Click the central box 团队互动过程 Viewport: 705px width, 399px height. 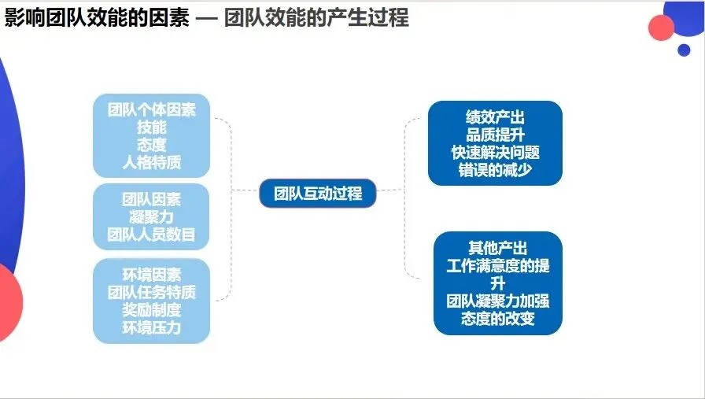pyautogui.click(x=318, y=193)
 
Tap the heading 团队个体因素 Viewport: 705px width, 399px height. pyautogui.click(x=152, y=109)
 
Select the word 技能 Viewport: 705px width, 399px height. pyautogui.click(x=152, y=127)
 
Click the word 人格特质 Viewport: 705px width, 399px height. pyautogui.click(x=152, y=162)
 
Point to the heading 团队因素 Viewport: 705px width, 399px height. pyautogui.click(x=152, y=198)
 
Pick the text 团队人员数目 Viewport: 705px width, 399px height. pyautogui.click(x=152, y=234)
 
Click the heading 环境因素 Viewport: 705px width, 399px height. pyautogui.click(x=152, y=275)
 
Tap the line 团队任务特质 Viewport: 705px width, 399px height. pyautogui.click(x=152, y=292)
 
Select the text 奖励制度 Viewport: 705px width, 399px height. pyautogui.click(x=152, y=309)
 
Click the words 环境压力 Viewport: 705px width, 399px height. pyautogui.click(x=152, y=327)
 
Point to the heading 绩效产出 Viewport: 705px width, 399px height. pyautogui.click(x=495, y=117)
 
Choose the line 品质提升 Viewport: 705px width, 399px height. pyautogui.click(x=495, y=135)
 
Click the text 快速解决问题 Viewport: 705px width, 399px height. pyautogui.click(x=495, y=152)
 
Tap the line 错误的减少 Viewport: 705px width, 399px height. pyautogui.click(x=495, y=169)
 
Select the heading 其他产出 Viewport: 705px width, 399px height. pyautogui.click(x=497, y=248)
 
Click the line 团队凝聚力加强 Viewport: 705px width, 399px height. pyautogui.click(x=497, y=301)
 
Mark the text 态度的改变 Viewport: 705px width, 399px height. pyautogui.click(x=497, y=318)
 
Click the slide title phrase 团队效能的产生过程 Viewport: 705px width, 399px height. pyautogui.click(x=316, y=17)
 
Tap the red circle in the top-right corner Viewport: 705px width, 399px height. pyautogui.click(x=662, y=28)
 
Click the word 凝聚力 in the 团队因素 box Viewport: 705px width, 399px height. pyautogui.click(x=152, y=216)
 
